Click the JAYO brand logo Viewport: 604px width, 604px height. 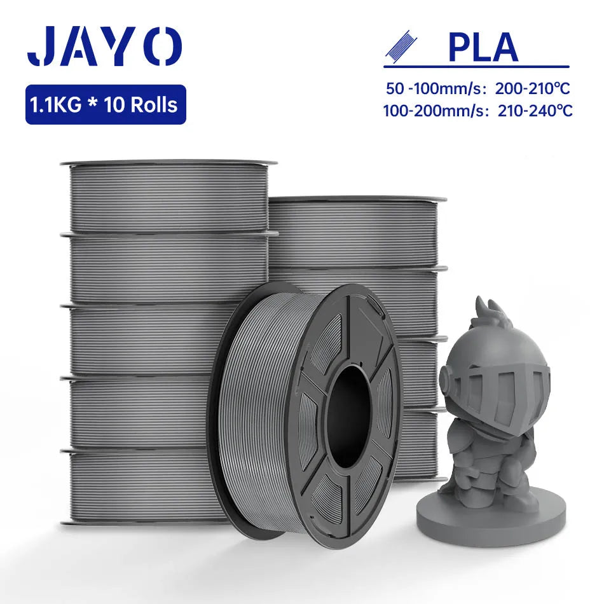click(x=104, y=46)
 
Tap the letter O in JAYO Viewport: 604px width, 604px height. click(x=165, y=46)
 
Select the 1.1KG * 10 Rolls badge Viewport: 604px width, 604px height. click(x=106, y=104)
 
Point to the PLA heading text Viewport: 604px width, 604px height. click(x=483, y=48)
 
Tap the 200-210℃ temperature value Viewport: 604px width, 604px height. click(x=532, y=88)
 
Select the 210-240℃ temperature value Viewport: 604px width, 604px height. click(x=535, y=111)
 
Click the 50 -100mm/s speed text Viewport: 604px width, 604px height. click(x=434, y=88)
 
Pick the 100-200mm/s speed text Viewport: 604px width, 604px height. click(x=434, y=111)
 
